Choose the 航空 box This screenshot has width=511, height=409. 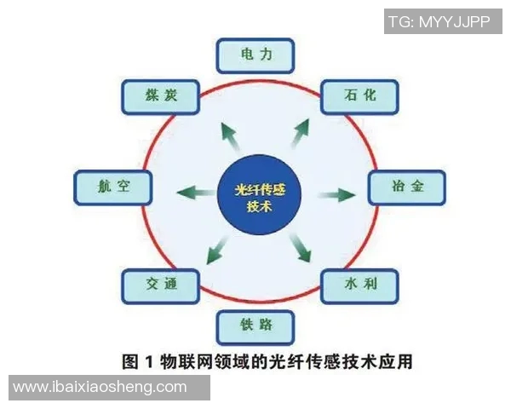[112, 186]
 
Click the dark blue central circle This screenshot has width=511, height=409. [255, 194]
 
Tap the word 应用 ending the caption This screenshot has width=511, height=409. [397, 361]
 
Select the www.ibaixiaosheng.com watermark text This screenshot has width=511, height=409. [100, 388]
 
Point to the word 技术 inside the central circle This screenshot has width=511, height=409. [255, 205]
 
